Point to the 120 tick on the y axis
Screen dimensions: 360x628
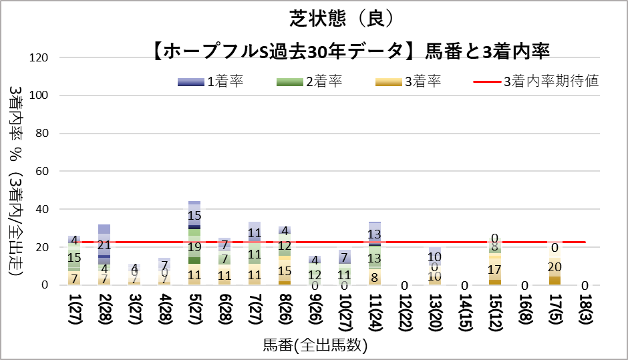coord(41,57)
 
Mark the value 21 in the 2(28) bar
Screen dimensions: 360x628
coord(104,245)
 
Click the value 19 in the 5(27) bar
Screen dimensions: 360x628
coord(194,247)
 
